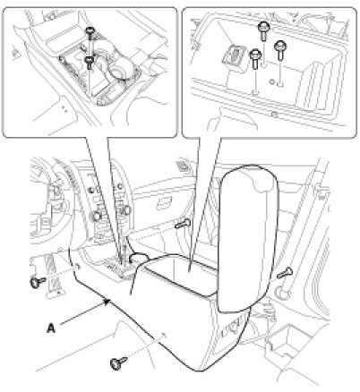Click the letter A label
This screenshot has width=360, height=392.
51,328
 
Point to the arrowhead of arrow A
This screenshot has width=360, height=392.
108,301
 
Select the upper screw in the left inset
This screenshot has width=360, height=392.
90,31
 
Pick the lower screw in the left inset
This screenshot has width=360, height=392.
89,62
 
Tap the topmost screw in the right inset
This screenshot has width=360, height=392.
264,30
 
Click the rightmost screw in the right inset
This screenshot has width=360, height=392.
280,50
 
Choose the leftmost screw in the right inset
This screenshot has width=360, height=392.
255,58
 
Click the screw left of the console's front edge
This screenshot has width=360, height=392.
38,281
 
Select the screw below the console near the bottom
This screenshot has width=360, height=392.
118,362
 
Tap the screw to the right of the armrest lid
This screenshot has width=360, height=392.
285,273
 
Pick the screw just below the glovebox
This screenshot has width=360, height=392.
183,224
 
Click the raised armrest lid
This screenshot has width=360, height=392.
248,239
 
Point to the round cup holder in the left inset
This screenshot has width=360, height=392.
120,71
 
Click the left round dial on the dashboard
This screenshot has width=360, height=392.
97,215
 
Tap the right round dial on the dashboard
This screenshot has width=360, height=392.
125,210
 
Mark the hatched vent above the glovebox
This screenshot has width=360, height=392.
181,165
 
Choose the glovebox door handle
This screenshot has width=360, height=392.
164,203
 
